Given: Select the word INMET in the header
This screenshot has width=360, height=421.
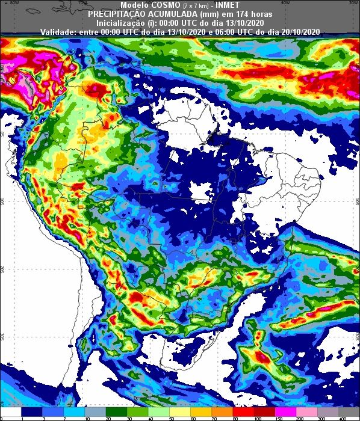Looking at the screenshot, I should click(224, 5).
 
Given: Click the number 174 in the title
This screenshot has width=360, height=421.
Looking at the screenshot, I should click(237, 13).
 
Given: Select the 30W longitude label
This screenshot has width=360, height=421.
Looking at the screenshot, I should click(346, 2).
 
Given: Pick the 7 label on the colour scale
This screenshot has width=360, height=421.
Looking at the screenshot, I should click(63, 417).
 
